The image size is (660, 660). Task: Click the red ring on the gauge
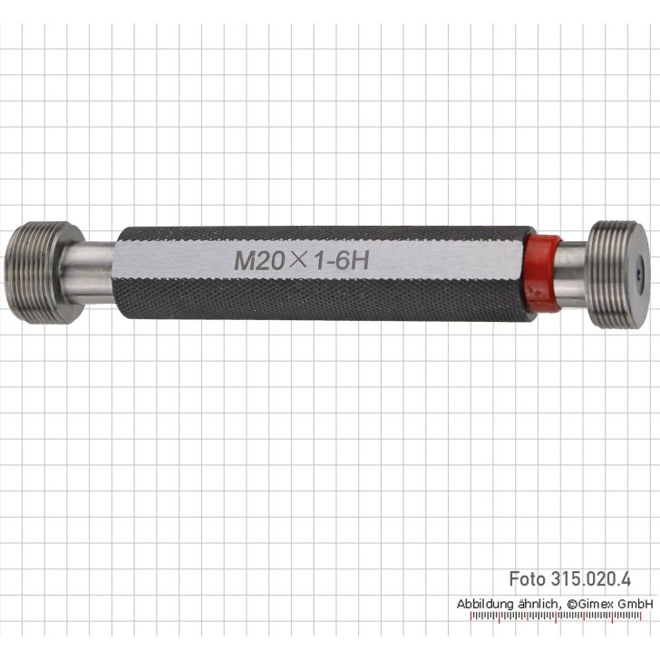click(x=542, y=274)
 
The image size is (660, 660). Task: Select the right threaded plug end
click(x=616, y=275)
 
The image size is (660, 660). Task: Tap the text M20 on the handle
click(x=259, y=261)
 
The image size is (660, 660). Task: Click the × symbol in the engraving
click(x=298, y=260)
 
